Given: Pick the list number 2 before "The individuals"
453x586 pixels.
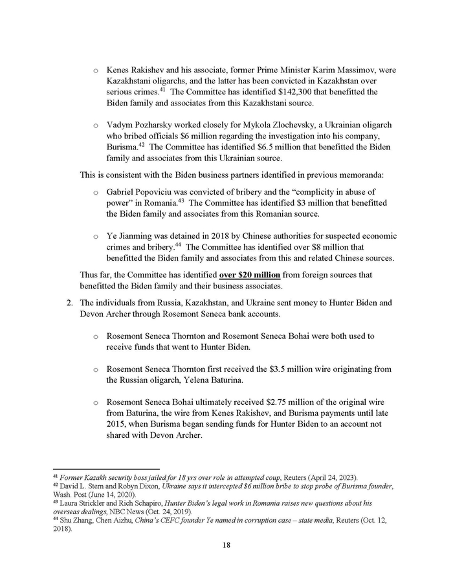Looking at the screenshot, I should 69,302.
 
